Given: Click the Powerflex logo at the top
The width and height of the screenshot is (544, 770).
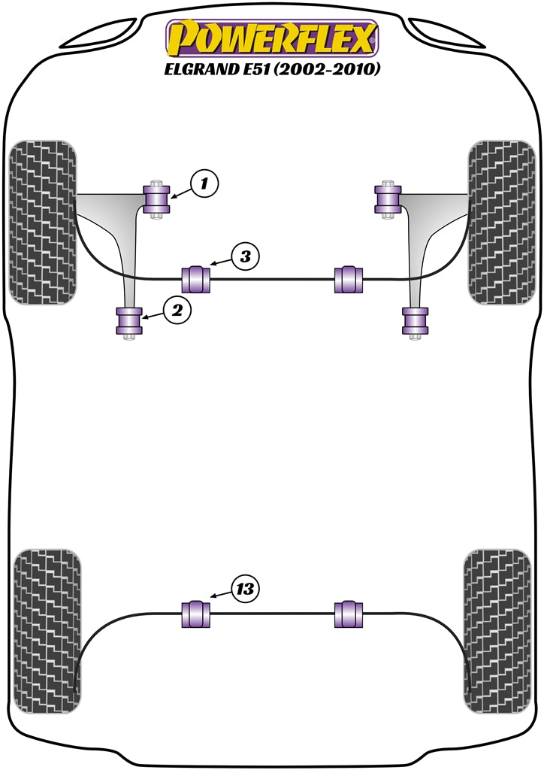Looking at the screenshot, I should tap(271, 38).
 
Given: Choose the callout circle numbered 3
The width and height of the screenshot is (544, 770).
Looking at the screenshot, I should tap(245, 256).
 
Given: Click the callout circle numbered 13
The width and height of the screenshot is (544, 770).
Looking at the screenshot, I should tap(245, 589).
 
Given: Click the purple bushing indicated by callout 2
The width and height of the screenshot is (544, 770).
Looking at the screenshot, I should tap(129, 321).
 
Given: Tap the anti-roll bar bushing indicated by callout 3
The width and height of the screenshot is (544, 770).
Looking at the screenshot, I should tap(197, 279).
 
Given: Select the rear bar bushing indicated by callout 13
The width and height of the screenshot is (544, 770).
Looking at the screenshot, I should tap(197, 614).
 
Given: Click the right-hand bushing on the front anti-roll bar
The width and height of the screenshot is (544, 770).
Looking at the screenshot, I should tap(347, 279).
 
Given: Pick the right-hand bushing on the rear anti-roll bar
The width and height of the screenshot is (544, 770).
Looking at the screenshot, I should tap(347, 614).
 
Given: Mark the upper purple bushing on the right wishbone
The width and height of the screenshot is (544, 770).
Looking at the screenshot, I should tap(388, 199).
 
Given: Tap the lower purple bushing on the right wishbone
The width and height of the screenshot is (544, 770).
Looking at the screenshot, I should tap(414, 321).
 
